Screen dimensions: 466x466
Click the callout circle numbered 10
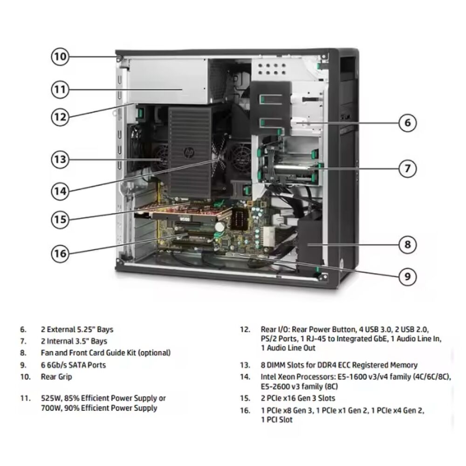(60, 57)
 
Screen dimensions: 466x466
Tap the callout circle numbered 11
(60, 89)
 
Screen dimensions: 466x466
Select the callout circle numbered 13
(60, 160)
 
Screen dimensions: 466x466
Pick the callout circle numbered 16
(60, 253)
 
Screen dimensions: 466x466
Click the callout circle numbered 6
(407, 123)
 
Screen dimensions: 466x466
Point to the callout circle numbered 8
(407, 244)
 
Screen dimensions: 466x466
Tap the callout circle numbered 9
(407, 276)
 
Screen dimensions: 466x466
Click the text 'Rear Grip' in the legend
(56, 377)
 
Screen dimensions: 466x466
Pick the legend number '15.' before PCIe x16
(245, 398)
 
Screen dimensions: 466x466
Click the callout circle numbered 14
(60, 190)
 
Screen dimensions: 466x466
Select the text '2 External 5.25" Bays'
(77, 329)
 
